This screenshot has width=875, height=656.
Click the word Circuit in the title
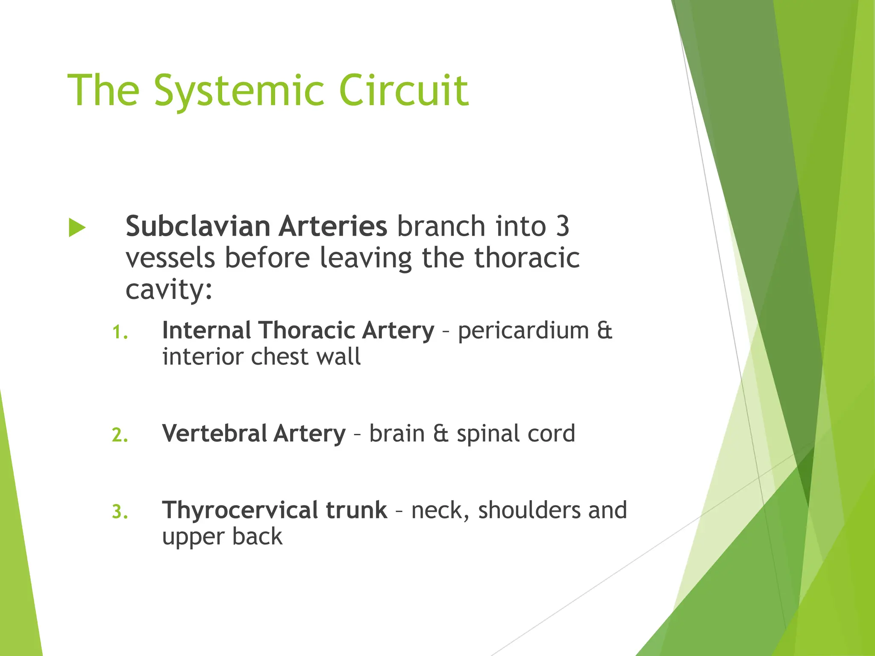[404, 91]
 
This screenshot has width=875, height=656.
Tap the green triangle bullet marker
[77, 228]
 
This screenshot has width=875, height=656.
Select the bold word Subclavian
[197, 226]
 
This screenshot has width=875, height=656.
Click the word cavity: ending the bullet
[169, 290]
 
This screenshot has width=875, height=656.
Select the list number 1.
[120, 332]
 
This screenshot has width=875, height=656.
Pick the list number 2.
[120, 435]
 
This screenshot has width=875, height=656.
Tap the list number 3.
[120, 512]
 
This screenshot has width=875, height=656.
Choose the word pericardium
[523, 331]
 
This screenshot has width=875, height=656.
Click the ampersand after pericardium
[605, 331]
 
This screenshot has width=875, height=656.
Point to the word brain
[397, 433]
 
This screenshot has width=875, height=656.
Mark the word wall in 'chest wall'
[341, 357]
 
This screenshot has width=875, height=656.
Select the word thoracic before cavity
[527, 258]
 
